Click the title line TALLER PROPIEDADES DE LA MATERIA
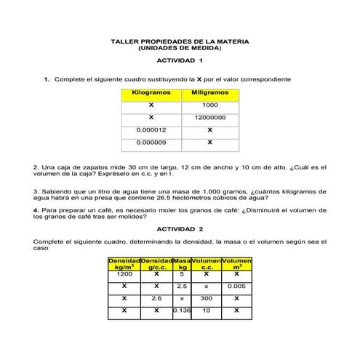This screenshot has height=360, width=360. point(179,41)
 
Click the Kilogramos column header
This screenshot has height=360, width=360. point(151,93)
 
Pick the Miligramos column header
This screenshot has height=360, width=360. point(209,93)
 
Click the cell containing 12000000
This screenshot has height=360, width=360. point(209,117)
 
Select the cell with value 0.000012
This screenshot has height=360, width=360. point(151,129)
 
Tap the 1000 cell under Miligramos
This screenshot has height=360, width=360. point(209,105)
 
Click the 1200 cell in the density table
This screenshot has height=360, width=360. point(124,275)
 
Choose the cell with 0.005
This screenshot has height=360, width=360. point(235,287)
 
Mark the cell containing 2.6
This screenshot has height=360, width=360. point(156,298)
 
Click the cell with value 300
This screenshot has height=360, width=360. point(207,298)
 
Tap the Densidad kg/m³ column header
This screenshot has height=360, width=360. point(124,263)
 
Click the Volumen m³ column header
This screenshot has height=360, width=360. point(235,263)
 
